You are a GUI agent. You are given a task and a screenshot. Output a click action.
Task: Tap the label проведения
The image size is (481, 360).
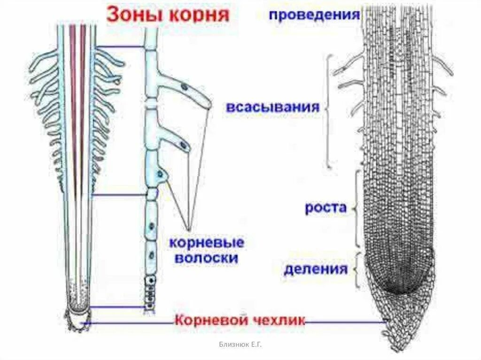pos(314,14)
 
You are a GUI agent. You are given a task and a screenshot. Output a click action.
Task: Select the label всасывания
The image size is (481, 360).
pos(273,107)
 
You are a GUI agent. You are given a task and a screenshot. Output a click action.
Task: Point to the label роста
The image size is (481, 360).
pos(326,208)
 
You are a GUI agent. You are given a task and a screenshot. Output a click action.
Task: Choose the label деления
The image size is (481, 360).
pos(315,269)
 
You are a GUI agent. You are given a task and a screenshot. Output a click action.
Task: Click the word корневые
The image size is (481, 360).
pos(207,244)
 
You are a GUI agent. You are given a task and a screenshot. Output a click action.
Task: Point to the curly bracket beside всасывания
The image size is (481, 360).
pos(329,111)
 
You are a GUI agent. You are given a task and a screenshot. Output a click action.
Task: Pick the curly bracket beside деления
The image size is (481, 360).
pos(358,270)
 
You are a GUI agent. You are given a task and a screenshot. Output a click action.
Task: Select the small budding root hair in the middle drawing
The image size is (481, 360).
pos(161,175)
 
